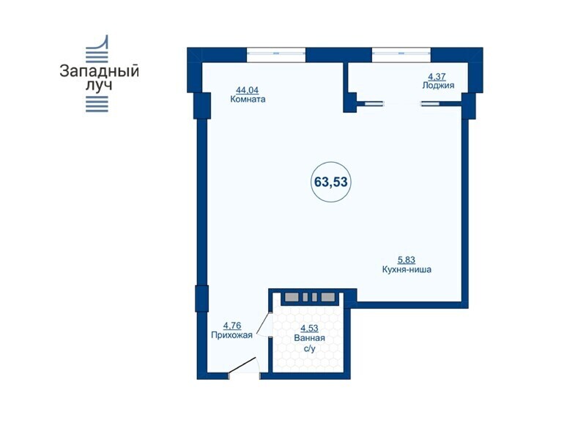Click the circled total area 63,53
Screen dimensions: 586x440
coord(331,182)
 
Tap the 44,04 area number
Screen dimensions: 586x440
coord(247,90)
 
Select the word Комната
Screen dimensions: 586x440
coord(248,100)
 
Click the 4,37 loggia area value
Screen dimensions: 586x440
coord(437,77)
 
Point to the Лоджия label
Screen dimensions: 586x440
coord(438,85)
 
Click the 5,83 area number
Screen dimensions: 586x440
coord(406,260)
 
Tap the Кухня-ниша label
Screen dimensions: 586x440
coord(407,269)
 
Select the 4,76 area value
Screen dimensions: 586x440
coord(232,326)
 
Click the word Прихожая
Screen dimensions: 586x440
coord(231,335)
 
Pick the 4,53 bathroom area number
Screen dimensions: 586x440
coord(309,329)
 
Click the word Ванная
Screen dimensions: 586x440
coord(309,338)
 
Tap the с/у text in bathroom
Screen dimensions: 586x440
coord(310,349)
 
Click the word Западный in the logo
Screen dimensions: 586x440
coord(99,71)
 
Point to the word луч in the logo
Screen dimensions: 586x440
coord(99,85)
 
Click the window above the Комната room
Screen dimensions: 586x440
coord(276,54)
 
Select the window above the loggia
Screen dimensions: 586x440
coord(401,54)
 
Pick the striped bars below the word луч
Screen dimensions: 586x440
coord(97,103)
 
